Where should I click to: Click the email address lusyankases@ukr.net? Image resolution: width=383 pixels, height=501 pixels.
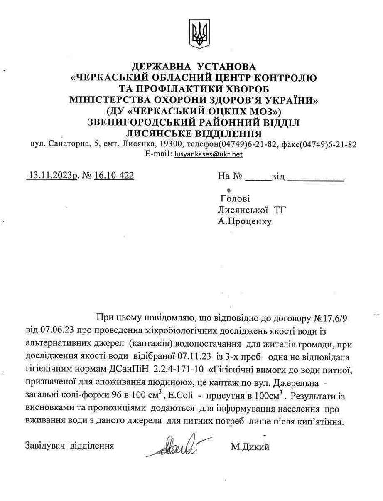click(209, 154)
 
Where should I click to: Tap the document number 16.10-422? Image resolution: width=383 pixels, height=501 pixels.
click(114, 176)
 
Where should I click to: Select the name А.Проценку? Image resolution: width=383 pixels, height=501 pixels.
click(245, 221)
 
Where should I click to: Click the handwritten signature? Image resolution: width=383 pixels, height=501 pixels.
click(178, 446)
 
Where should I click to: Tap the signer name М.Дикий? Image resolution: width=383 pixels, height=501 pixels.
click(250, 447)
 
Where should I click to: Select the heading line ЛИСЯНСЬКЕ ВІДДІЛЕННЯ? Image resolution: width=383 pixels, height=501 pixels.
click(194, 134)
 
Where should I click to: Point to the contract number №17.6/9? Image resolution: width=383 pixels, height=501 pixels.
click(331, 319)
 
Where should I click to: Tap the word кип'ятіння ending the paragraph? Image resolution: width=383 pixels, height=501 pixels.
click(326, 422)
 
